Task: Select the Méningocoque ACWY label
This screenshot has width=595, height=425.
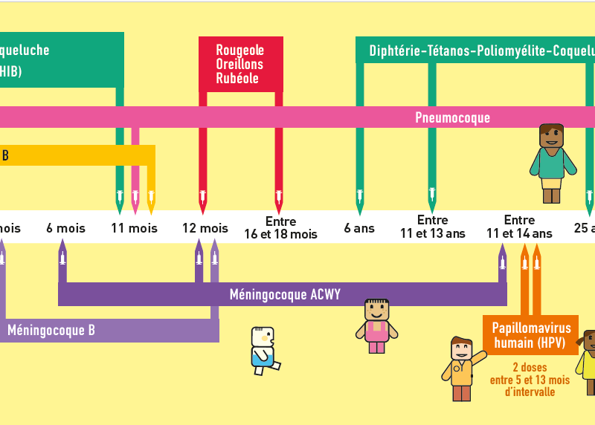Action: [x=285, y=294]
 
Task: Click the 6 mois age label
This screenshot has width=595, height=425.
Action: [x=65, y=228]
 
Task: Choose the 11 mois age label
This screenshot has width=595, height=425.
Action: [x=134, y=228]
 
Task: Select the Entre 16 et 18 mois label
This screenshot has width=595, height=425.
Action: [x=280, y=228]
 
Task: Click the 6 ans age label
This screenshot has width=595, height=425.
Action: [x=359, y=228]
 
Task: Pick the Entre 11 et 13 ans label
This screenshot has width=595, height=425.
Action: [x=432, y=227]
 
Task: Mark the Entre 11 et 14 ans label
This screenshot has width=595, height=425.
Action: [x=519, y=227]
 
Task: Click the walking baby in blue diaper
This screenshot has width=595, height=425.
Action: [x=265, y=350]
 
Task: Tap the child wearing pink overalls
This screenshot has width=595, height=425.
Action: [x=376, y=325]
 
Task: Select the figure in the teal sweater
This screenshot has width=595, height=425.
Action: [x=552, y=163]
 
